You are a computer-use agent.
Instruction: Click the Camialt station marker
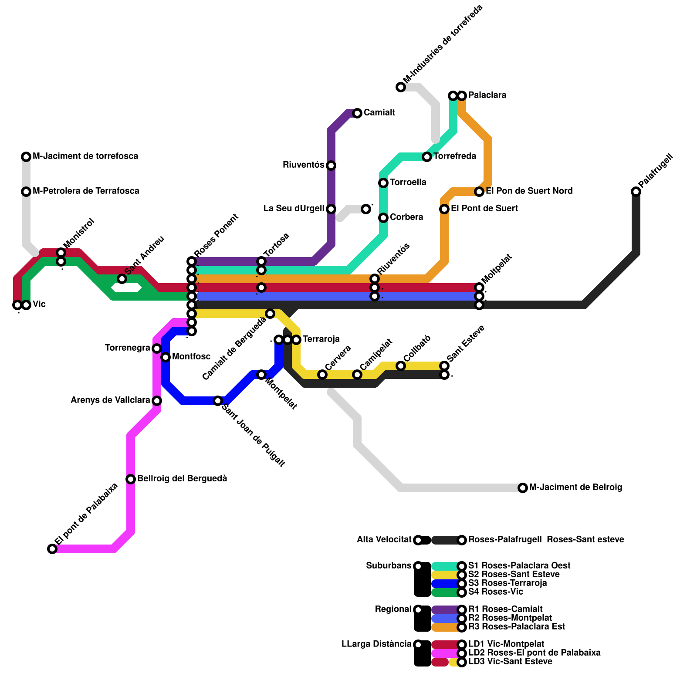point(357,113)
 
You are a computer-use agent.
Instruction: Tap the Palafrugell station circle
point(636,192)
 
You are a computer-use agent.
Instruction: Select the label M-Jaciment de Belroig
point(575,487)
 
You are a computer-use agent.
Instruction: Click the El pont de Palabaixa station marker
point(52,549)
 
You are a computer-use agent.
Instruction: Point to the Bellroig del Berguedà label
point(182,479)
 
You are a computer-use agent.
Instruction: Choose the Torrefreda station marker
point(427,156)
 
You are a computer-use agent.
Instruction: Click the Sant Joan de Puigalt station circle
point(218,401)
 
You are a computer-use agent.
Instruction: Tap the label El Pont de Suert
point(484,209)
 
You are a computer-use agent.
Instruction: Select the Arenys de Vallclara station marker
point(157,401)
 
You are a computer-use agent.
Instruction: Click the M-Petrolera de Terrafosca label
point(86,191)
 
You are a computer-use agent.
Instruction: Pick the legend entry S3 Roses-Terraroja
point(508,583)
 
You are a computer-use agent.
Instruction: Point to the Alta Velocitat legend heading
point(384,540)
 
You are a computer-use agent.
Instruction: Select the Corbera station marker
point(383,218)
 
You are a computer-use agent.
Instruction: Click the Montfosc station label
point(191,357)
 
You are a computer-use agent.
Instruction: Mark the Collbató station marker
point(401,366)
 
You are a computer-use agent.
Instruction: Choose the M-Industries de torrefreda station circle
point(401,87)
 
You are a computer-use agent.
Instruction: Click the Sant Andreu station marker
point(122,279)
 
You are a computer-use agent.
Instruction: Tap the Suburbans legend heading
point(389,566)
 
